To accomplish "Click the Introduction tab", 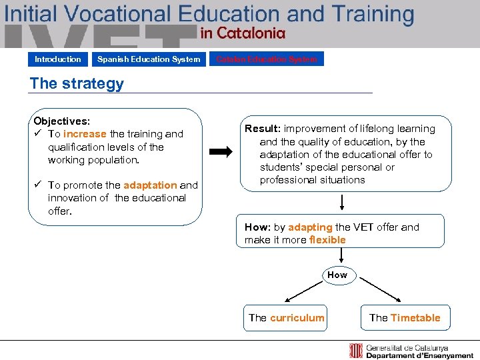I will (58, 59).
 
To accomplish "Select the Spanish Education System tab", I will (148, 59).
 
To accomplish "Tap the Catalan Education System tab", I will (267, 59).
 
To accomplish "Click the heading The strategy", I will (77, 83).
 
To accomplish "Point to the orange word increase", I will (85, 134).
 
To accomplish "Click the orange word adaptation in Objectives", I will (150, 185).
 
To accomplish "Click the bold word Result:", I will (263, 129).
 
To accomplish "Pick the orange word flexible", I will (327, 240).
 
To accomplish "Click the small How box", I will (337, 275).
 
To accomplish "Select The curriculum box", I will (287, 318).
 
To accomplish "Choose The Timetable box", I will (405, 318).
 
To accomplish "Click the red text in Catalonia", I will (243, 33).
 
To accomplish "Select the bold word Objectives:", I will (61, 121).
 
